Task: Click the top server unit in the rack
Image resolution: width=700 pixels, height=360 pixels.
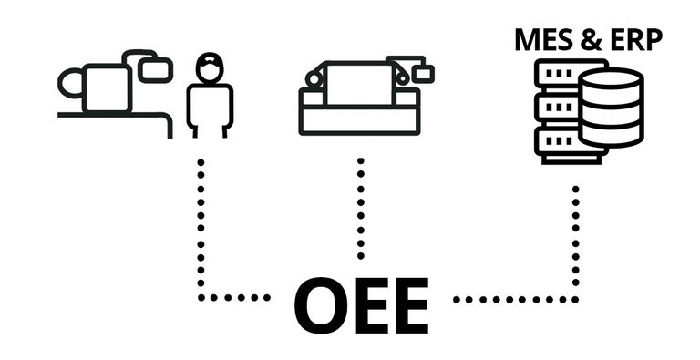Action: (x=554, y=74)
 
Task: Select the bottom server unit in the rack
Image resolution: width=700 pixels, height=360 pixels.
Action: (x=554, y=141)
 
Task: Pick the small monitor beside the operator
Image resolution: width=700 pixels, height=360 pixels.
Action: (x=156, y=67)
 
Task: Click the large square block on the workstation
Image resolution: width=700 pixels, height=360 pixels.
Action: (x=107, y=87)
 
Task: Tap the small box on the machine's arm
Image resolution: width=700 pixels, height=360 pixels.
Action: (x=422, y=73)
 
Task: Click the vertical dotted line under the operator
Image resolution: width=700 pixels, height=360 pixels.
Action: (x=201, y=228)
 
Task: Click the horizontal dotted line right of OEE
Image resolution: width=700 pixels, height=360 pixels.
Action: (x=510, y=298)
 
